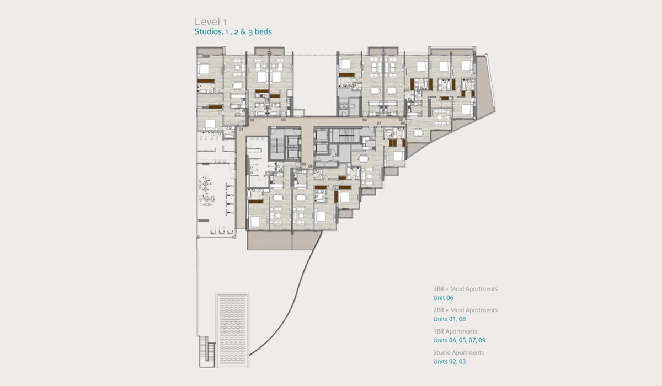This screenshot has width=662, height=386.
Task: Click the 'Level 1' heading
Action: click(210, 22)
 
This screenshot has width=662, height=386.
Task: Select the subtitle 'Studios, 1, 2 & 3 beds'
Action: click(233, 32)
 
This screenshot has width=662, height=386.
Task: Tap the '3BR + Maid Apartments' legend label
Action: click(465, 289)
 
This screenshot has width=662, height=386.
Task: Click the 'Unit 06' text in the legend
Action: click(443, 298)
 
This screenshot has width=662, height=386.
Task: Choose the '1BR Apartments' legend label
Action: click(455, 331)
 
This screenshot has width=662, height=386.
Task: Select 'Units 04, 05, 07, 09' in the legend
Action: click(460, 340)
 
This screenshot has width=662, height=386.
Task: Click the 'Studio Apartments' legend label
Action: click(458, 352)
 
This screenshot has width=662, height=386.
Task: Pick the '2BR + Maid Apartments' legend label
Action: click(465, 310)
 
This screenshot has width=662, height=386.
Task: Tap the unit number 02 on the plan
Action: click(252, 119)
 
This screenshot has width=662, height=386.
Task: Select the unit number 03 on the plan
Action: click(284, 119)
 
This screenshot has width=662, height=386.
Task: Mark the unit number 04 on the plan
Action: click(365, 119)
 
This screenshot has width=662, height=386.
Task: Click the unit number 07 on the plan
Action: click(379, 124)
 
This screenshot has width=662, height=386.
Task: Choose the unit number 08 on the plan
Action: click(311, 165)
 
